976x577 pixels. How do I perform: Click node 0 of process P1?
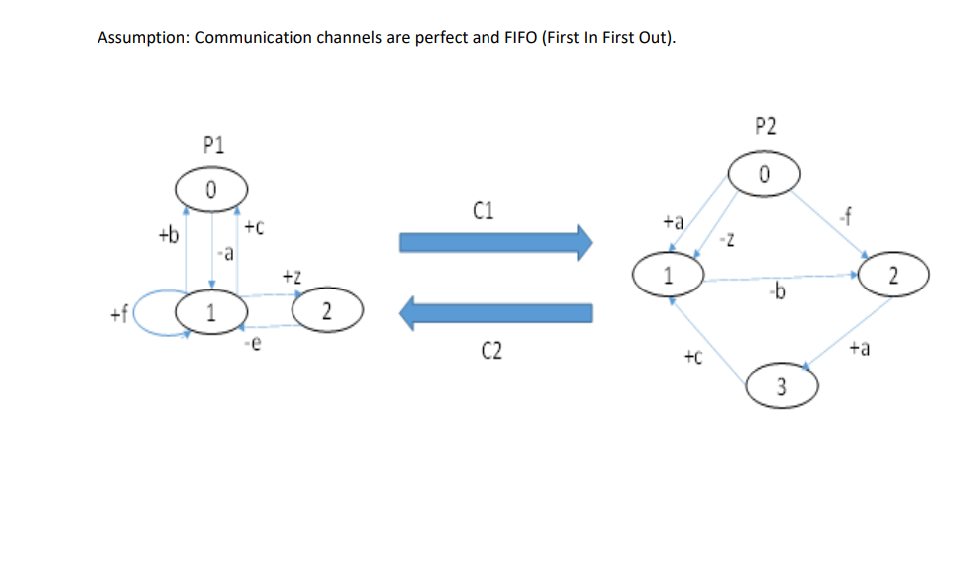click(211, 189)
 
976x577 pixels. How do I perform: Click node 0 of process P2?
click(764, 174)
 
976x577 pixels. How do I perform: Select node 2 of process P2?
click(893, 276)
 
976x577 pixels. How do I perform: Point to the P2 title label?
click(765, 126)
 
